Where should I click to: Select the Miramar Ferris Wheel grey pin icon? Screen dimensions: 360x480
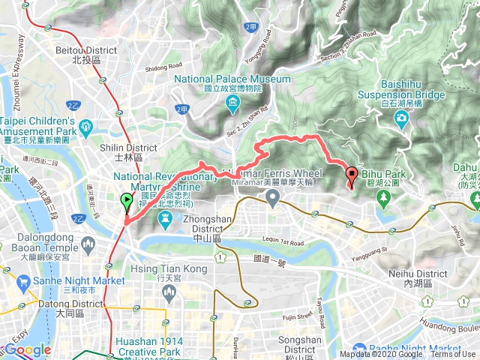[x=273, y=198]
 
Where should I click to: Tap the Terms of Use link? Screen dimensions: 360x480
[x=453, y=355]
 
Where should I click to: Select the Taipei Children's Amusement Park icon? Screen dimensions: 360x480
[x=84, y=126]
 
